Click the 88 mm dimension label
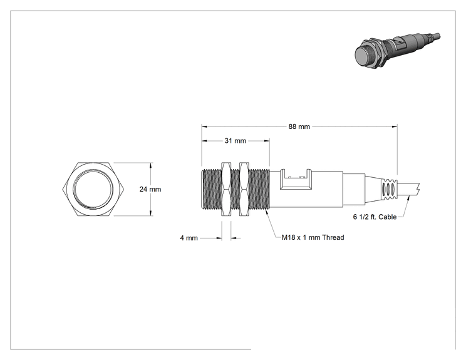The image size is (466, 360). pos(299,126)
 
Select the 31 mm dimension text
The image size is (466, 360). pos(236,141)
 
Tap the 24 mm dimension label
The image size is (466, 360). pos(150,189)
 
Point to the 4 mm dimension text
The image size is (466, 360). pos(189,238)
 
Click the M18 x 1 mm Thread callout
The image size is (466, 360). pos(313,237)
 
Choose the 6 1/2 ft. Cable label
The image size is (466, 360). pos(375,217)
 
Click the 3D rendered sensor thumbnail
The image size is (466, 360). pos(398,51)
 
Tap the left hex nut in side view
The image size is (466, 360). pos(226,189)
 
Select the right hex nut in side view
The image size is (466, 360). pos(244,189)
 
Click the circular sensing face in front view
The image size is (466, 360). pos(93,189)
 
